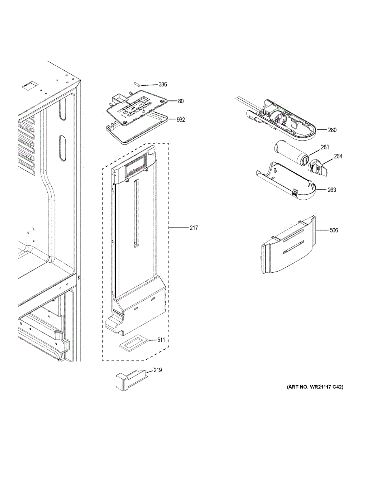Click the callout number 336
click(163, 85)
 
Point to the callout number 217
click(194, 228)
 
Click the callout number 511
click(161, 340)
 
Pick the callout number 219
click(157, 370)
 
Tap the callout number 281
click(325, 148)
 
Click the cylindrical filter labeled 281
click(291, 152)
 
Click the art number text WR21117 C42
click(315, 387)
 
